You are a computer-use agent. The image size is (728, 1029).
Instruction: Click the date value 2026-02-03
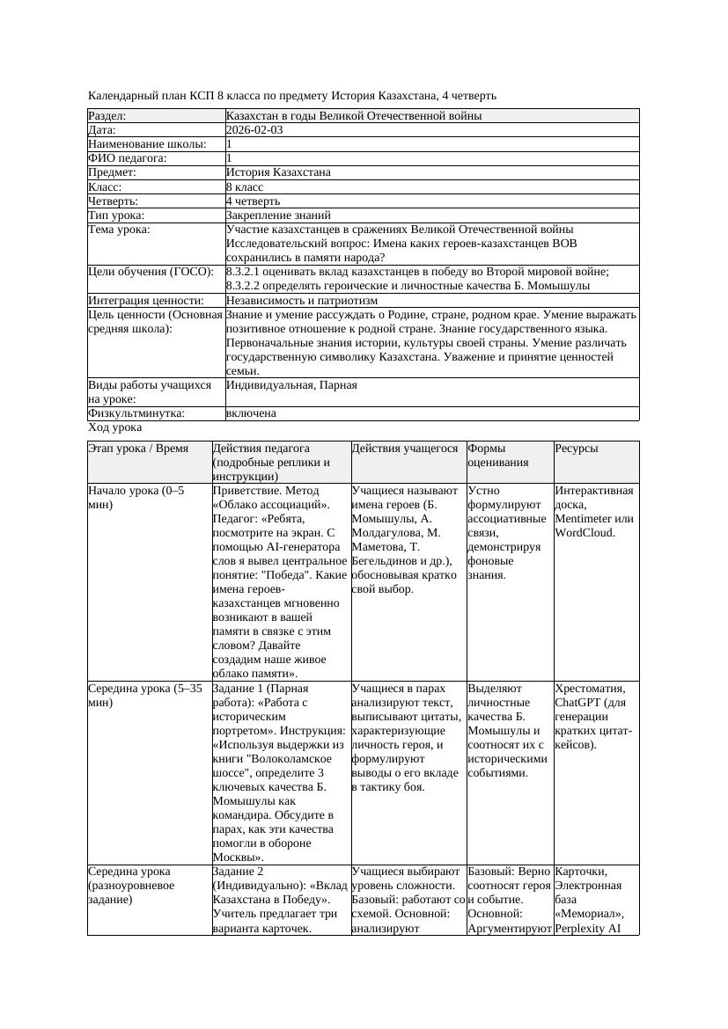[254, 130]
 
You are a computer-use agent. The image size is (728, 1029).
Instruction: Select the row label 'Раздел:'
[107, 116]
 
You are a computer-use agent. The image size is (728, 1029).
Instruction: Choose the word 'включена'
[251, 413]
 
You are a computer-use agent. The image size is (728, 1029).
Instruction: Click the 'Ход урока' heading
[115, 427]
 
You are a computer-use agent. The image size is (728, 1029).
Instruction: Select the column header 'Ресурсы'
[577, 449]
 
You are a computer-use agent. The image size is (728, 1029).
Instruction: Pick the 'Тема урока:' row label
[119, 230]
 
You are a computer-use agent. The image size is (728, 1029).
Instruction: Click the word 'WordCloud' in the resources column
[582, 532]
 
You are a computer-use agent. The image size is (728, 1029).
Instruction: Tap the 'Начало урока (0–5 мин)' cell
[136, 497]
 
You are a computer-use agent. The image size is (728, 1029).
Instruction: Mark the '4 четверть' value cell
[253, 201]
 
